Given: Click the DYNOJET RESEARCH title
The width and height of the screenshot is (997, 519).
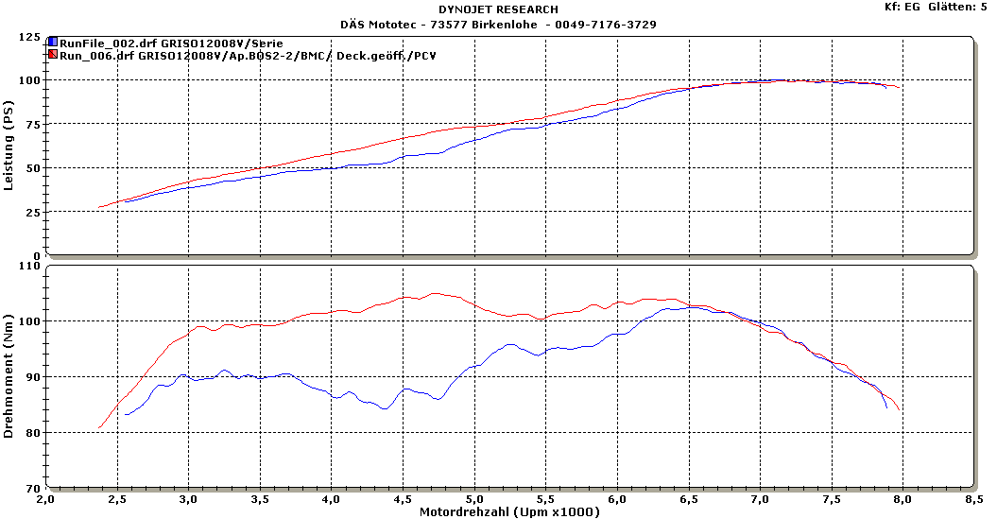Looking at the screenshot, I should coord(498,9).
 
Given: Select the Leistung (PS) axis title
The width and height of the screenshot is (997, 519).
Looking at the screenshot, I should coord(9,147).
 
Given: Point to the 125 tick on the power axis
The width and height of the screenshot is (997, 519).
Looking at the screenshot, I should coord(29,38).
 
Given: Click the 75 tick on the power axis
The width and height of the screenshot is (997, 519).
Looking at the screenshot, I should coord(33,126).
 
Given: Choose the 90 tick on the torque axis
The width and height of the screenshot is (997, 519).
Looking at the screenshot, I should coord(33,377).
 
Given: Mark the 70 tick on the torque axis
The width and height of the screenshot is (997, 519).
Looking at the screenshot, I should coord(33,489).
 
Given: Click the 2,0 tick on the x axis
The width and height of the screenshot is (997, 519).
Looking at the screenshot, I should coord(45,498).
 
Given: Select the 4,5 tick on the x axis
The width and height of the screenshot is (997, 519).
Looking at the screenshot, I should coord(403,498).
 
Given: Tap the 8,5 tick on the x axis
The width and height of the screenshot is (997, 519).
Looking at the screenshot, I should coord(974,498).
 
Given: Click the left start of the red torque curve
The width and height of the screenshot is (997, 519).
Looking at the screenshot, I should coord(99,427).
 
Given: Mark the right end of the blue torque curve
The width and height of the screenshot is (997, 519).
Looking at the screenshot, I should coord(886,407).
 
